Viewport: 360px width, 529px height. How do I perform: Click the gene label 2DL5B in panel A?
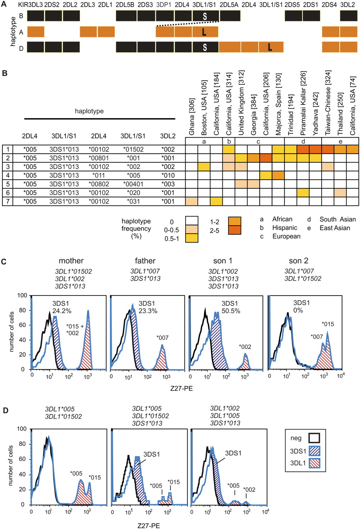pos(125,5)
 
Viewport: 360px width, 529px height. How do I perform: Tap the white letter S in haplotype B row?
pos(205,16)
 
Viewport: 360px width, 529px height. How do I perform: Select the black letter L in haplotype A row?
pos(204,32)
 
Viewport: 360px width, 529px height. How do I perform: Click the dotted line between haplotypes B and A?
pos(188,24)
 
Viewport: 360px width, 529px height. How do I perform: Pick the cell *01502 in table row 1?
pos(133,150)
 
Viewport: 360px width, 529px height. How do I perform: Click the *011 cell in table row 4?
pos(99,176)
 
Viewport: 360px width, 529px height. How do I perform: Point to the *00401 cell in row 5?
pos(133,184)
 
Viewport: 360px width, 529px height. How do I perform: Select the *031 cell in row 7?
pos(134,201)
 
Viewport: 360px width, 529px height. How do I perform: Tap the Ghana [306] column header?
pos(192,117)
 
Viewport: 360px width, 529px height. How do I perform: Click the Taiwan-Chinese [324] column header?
pos(328,103)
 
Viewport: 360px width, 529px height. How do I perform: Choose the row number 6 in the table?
pos(8,193)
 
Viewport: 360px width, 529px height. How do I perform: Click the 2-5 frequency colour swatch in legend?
pos(235,230)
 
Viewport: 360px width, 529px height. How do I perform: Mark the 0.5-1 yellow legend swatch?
pos(192,238)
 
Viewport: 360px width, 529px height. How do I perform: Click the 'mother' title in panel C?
pos(71,261)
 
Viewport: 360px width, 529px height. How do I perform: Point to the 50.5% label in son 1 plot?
pos(231,311)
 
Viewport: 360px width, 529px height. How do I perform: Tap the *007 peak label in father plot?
pos(162,338)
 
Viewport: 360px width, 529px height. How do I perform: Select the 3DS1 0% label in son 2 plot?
pos(301,307)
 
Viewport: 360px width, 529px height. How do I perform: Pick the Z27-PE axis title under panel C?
pos(182,388)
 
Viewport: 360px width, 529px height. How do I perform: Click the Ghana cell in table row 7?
pos(192,201)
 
